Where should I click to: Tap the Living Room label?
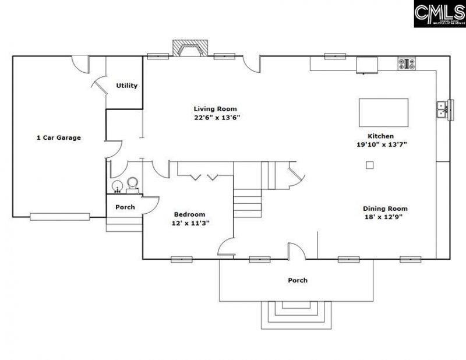point(216,109)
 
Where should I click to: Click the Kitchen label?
point(380,136)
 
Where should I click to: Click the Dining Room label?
point(385,208)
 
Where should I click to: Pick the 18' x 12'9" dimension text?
point(383,217)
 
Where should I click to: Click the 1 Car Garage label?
point(58,138)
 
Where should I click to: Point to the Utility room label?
point(126,86)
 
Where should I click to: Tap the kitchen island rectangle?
point(383,110)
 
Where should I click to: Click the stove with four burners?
point(407,63)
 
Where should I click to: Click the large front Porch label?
point(298,280)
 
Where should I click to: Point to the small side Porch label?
point(125,207)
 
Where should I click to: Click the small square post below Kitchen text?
point(369,165)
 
